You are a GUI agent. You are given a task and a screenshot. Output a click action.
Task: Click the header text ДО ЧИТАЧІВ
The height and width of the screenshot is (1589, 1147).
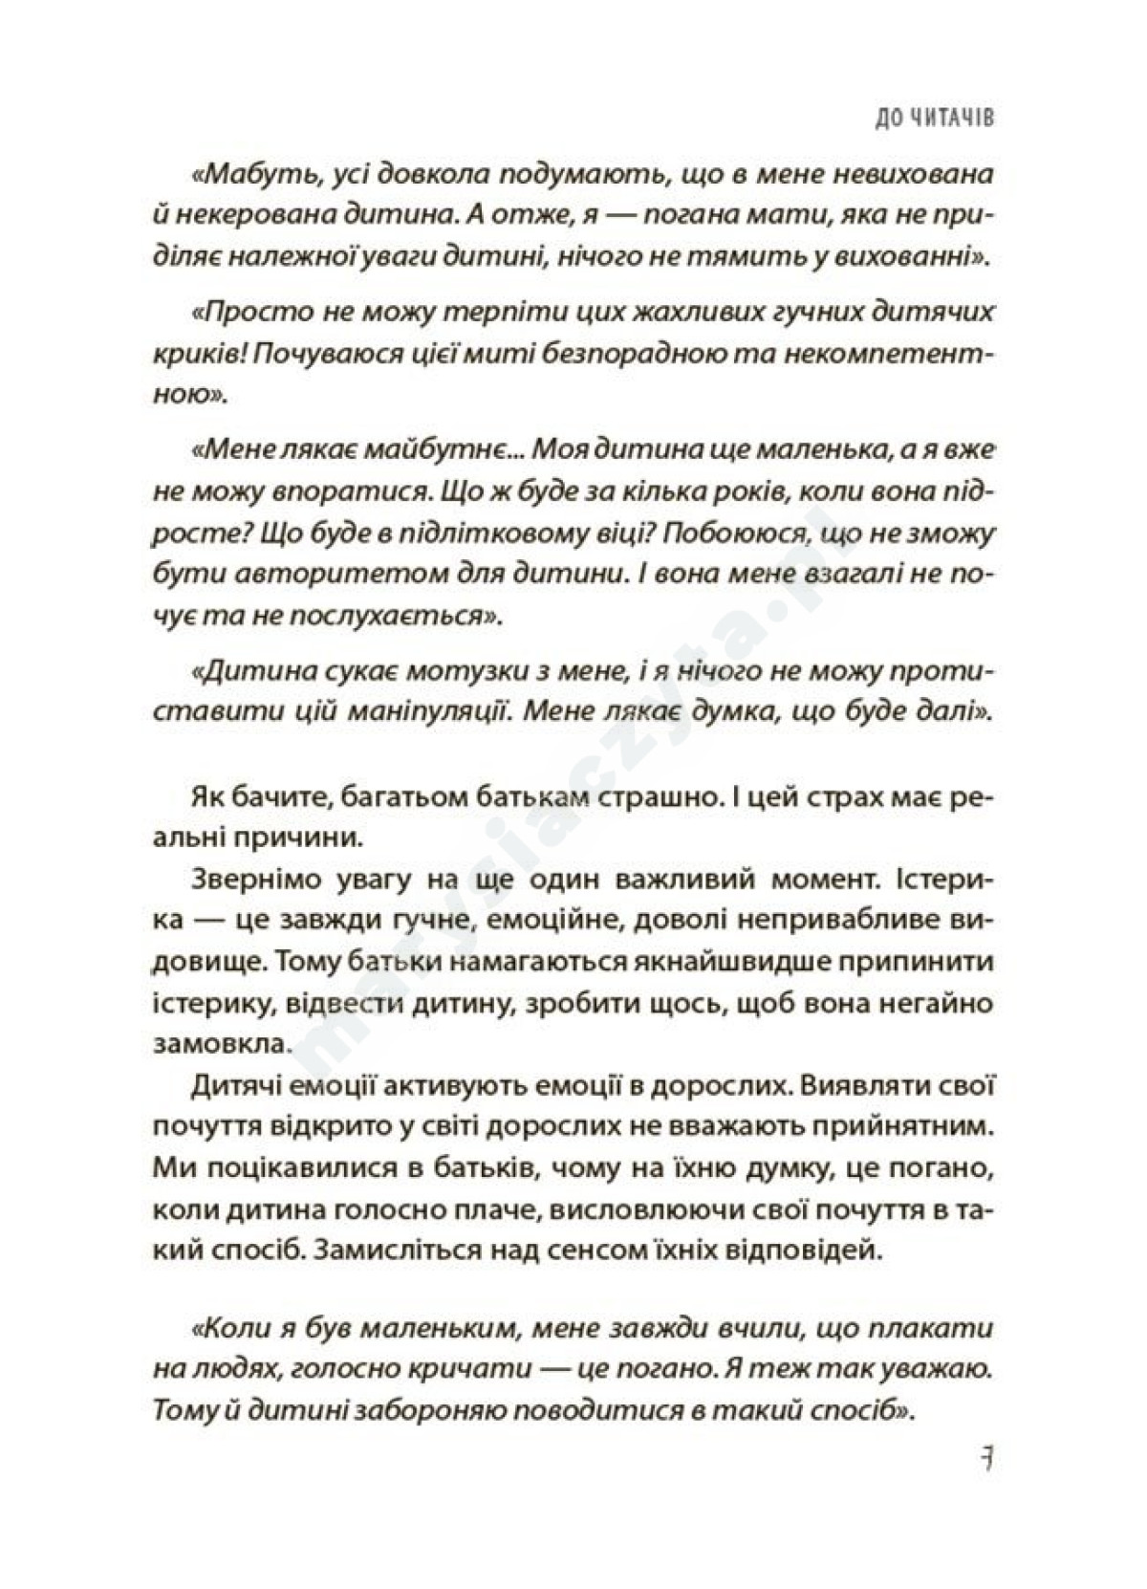click(x=923, y=119)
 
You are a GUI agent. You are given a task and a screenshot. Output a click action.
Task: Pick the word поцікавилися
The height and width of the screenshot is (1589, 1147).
click(x=314, y=1170)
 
